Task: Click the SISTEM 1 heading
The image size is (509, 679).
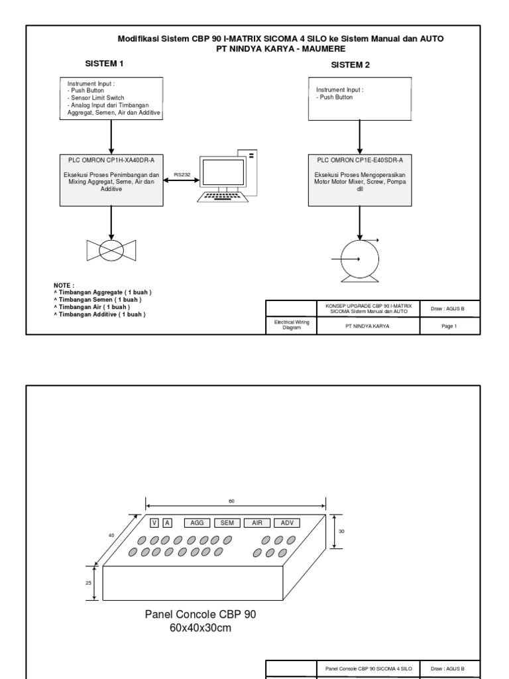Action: (105, 64)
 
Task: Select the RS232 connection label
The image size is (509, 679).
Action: (182, 174)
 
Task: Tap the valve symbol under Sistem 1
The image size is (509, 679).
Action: (111, 250)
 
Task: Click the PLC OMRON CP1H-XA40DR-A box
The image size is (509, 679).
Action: (111, 179)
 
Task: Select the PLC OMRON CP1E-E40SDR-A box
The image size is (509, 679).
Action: (359, 179)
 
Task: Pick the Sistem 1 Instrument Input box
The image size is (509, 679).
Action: (111, 99)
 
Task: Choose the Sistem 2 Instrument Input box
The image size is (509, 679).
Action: (359, 99)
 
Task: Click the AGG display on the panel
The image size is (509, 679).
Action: (197, 523)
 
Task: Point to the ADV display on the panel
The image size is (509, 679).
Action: (286, 523)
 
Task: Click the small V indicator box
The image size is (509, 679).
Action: (154, 523)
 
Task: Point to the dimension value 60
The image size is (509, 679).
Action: (231, 501)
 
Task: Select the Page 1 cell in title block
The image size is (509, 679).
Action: (450, 326)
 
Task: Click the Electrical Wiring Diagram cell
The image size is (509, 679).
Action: (291, 326)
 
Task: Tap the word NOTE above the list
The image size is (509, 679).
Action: (64, 285)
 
